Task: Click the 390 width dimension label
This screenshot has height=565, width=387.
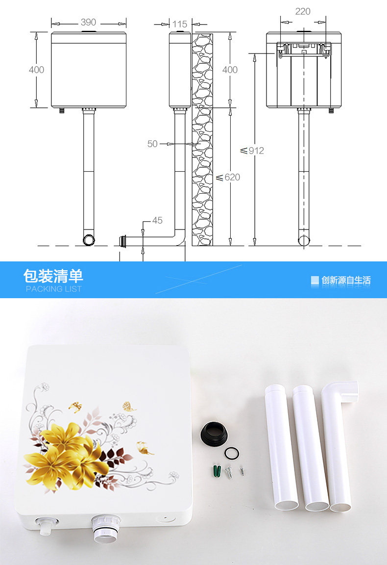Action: click(89, 23)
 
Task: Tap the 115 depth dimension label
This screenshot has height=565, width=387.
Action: click(180, 24)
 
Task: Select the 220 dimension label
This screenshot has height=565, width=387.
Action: click(303, 11)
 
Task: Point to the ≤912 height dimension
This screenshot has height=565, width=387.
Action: click(253, 151)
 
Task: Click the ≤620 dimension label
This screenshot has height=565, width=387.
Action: click(229, 177)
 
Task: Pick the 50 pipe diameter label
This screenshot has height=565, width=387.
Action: click(152, 144)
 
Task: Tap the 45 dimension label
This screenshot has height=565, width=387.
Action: click(157, 221)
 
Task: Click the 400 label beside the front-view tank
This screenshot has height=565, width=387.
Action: click(36, 70)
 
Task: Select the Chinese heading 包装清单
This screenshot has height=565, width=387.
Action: click(53, 276)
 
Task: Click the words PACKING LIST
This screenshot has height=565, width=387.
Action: click(53, 289)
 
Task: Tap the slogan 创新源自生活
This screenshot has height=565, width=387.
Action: click(346, 281)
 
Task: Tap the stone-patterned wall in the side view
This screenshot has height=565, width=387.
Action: click(202, 142)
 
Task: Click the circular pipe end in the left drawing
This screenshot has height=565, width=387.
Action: click(89, 240)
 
